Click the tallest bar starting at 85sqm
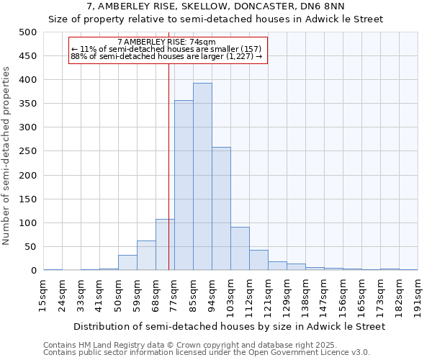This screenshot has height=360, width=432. [202, 176]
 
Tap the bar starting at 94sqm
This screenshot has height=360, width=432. [221, 209]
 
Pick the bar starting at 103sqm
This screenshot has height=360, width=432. [240, 248]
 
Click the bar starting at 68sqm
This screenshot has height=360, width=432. [165, 245]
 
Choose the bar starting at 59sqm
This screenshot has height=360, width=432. [146, 256]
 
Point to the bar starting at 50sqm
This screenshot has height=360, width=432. [127, 263]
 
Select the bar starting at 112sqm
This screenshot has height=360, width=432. [258, 260]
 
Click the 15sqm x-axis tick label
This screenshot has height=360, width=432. [43, 295]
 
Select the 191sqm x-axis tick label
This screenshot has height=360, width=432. [418, 295]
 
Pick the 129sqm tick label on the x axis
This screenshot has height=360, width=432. [287, 295]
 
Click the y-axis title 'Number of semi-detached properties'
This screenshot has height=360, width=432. [7, 156]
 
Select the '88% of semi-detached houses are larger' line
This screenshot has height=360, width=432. [166, 57]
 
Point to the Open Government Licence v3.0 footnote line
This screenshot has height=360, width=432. [207, 352]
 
